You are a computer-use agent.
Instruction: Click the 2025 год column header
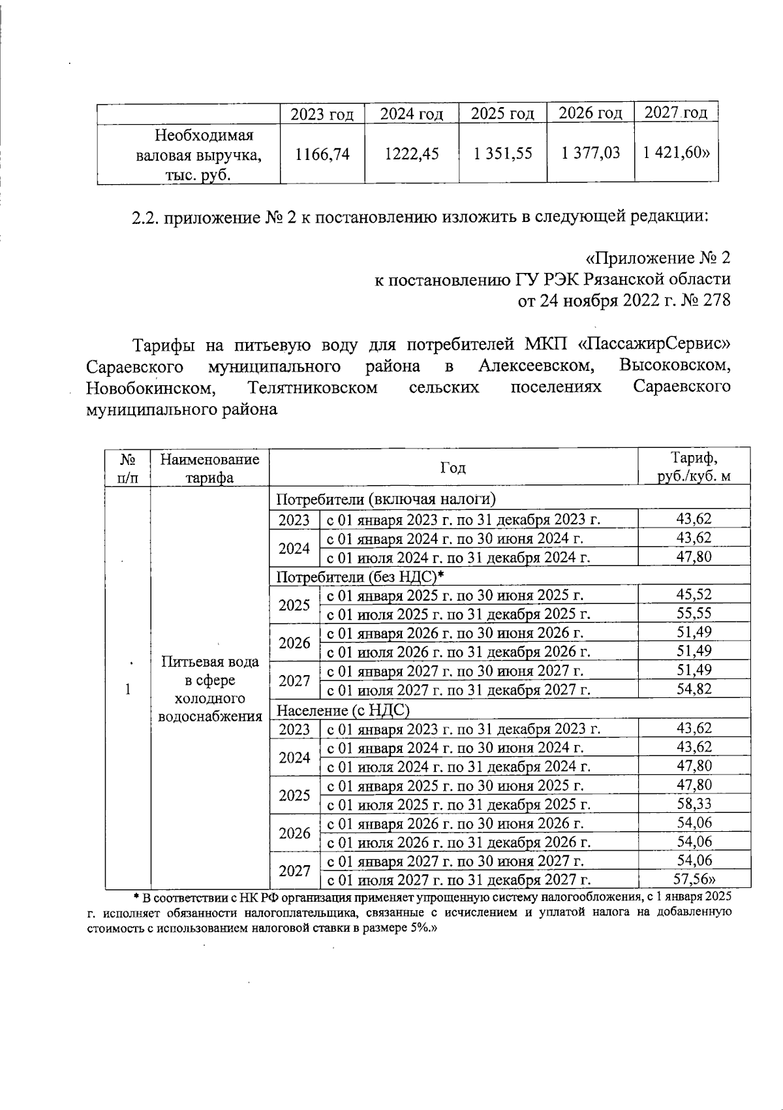(502, 114)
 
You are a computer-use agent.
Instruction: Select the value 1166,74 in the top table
(322, 154)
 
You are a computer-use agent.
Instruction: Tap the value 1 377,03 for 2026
(590, 154)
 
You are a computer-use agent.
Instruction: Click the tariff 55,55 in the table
(694, 613)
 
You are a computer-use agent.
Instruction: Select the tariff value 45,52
(694, 595)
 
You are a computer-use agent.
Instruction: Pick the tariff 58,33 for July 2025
(694, 804)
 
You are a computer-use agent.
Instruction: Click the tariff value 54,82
(694, 689)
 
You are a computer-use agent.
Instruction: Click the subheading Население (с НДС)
(343, 710)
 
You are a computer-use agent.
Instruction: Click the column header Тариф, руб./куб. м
(694, 468)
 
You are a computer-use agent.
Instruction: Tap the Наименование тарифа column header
(209, 468)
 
